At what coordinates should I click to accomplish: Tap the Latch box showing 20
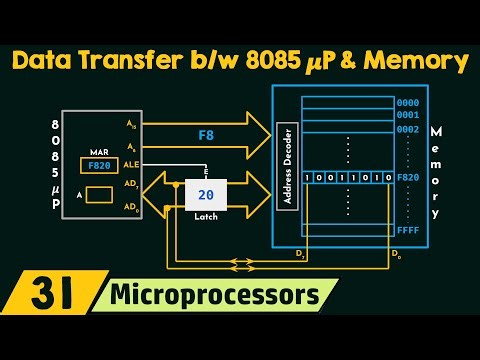pos(206,195)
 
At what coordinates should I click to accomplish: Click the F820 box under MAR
pos(98,166)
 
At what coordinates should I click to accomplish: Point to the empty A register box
pos(98,195)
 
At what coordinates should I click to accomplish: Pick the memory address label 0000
pos(407,102)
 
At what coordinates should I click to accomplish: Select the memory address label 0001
pos(407,115)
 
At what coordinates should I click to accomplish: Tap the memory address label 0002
pos(407,129)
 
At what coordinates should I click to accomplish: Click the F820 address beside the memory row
pos(407,177)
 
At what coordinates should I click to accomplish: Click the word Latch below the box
pos(206,217)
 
